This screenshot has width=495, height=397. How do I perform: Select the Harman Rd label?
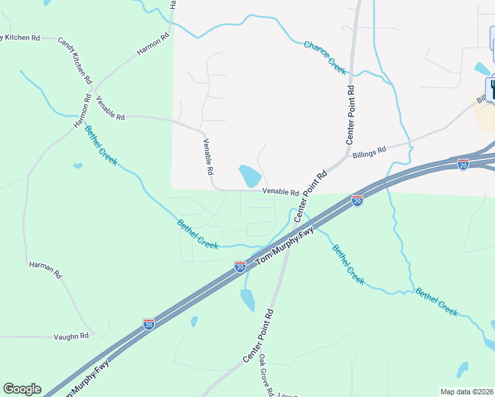(x=45, y=269)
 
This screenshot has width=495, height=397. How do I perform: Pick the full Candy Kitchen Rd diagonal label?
(x=75, y=60)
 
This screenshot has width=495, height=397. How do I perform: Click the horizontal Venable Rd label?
(x=281, y=192)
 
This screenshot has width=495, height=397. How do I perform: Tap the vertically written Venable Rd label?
(x=207, y=156)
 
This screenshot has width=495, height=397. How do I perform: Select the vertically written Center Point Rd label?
(x=351, y=114)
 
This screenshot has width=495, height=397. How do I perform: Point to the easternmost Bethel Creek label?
(x=436, y=302)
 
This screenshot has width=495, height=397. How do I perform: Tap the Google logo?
(x=22, y=389)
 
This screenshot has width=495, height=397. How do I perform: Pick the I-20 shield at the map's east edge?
(x=463, y=163)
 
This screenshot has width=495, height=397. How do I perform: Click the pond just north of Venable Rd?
(x=249, y=176)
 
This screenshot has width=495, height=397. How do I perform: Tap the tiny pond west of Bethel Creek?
(x=77, y=165)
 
